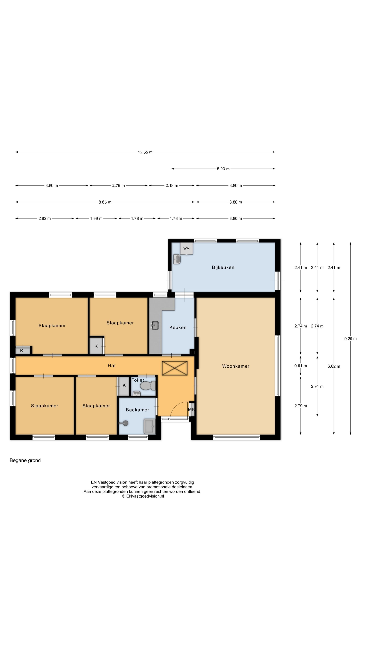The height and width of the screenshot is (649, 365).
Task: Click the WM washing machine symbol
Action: pos(186,249)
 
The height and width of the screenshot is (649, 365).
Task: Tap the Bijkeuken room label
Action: pos(223,267)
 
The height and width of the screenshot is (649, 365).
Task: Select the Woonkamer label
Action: pos(236,366)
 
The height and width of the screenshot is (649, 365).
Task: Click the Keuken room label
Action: pos(178,327)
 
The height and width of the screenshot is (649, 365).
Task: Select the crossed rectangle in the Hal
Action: pos(175,368)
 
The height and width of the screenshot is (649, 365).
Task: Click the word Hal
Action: pos(111,365)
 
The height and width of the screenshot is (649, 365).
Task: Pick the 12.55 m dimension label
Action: pos(145,152)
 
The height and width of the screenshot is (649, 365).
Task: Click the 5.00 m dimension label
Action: pos(223,169)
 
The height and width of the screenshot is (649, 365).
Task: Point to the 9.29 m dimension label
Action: pos(350,339)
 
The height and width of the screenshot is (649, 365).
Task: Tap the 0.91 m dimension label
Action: pos(300,366)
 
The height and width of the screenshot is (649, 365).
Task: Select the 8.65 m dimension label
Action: pos(105,202)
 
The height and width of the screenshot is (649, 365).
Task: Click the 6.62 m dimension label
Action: pos(334,366)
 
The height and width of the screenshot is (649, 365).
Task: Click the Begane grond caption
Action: pos(25,460)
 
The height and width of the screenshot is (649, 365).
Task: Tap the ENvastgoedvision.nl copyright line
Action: pos(143,496)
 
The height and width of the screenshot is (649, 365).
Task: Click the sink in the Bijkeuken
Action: pos(177,259)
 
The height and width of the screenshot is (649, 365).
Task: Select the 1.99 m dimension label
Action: pos(96,218)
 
